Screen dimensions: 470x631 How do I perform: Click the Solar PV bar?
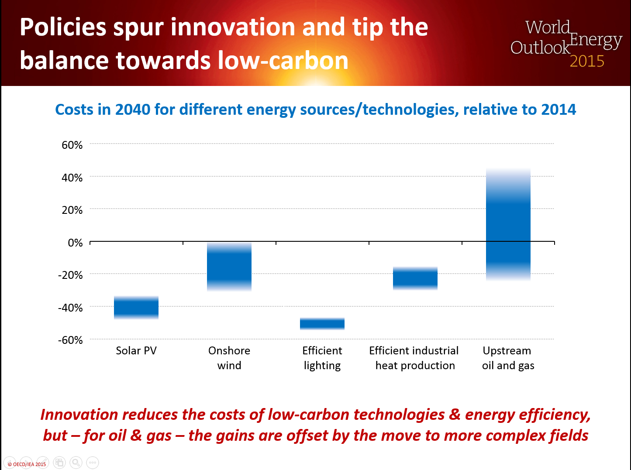click(x=136, y=308)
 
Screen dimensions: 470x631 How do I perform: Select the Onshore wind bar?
click(x=229, y=267)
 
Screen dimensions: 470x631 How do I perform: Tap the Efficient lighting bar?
click(x=322, y=323)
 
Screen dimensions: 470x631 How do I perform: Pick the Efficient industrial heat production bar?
click(x=415, y=278)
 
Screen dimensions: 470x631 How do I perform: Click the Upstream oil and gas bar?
click(x=508, y=225)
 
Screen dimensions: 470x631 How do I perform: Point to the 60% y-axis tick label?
click(x=72, y=145)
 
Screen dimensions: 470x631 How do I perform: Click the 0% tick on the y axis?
click(x=75, y=243)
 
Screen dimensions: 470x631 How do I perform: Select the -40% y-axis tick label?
click(x=70, y=308)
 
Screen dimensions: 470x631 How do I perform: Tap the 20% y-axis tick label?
click(x=72, y=210)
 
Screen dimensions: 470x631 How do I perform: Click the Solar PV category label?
click(x=136, y=350)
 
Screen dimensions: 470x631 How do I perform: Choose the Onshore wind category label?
click(x=229, y=358)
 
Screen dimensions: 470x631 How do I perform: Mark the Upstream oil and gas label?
click(x=508, y=358)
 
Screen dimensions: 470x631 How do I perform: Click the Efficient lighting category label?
click(x=322, y=358)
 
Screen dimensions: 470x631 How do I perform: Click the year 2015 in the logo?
click(x=587, y=61)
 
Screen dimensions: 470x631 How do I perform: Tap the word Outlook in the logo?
click(x=540, y=48)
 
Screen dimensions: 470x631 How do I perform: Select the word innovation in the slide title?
click(x=233, y=27)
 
